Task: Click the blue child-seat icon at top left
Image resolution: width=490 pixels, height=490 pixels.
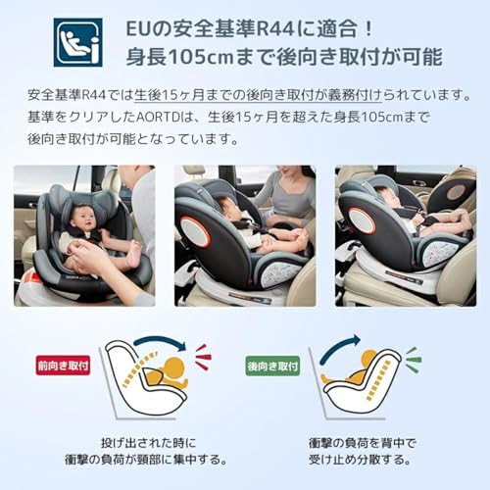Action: tap(77, 41)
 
